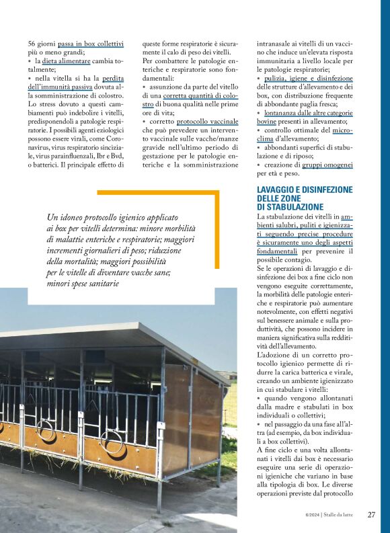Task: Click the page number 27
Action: tap(371, 515)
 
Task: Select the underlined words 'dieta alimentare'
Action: tap(67, 60)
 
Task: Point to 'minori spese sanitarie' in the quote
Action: tap(83, 284)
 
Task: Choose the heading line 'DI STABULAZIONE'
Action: tap(290, 207)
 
